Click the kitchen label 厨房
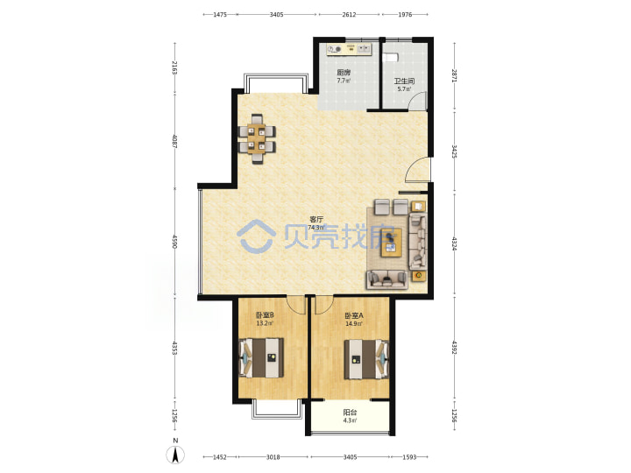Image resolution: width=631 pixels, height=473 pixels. click(x=344, y=73)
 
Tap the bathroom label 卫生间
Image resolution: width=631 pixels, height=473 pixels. click(x=404, y=81)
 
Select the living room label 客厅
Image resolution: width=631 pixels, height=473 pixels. click(x=316, y=219)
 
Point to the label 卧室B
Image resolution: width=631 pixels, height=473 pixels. click(x=265, y=315)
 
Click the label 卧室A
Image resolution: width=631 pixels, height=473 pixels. click(x=354, y=315)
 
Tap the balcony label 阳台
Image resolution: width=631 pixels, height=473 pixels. click(x=350, y=413)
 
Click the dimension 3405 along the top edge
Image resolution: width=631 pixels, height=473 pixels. click(x=276, y=15)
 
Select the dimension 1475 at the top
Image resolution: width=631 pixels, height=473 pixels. click(x=220, y=15)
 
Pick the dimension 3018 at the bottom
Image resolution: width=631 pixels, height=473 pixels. click(x=273, y=457)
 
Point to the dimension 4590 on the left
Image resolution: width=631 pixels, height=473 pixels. click(x=174, y=242)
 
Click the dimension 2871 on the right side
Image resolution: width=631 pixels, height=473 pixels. click(x=454, y=75)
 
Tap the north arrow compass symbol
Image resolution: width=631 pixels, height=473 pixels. click(x=175, y=455)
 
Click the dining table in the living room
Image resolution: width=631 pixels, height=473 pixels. click(x=257, y=138)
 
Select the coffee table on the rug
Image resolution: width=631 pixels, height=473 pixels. click(x=392, y=242)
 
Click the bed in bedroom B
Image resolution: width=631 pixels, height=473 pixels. click(x=262, y=357)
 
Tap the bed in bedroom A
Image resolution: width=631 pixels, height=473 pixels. click(x=366, y=359)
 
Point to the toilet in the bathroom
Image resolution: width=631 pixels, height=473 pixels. click(x=391, y=57)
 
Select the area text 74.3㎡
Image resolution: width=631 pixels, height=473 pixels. click(x=316, y=227)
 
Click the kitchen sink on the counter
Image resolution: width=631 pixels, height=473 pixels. click(x=365, y=49)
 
